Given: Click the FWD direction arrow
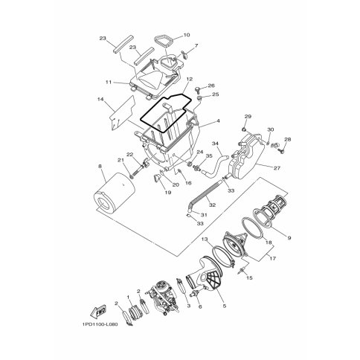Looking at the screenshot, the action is [x=98, y=311].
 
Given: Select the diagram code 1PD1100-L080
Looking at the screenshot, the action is [x=100, y=324].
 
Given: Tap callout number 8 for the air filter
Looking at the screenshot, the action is [x=100, y=166].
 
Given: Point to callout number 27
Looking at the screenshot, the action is [x=277, y=168].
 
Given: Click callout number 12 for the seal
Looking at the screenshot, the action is [x=190, y=80].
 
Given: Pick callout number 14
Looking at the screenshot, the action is [x=100, y=99].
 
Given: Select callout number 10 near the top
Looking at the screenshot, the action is [x=187, y=35].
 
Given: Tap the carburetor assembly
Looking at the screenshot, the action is [x=163, y=300].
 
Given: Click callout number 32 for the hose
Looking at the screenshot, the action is [x=212, y=205].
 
